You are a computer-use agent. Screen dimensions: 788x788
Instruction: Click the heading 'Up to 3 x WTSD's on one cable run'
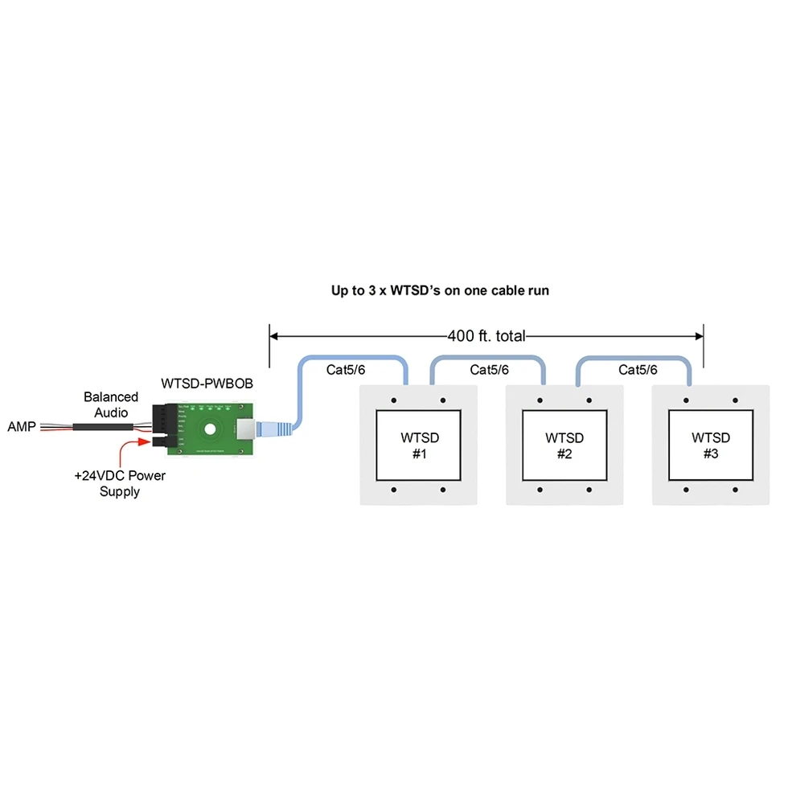[440, 290]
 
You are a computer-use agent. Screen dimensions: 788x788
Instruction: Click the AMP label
[21, 426]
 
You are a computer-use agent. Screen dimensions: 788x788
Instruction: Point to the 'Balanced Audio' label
[111, 404]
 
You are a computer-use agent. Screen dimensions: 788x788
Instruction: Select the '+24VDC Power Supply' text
[119, 483]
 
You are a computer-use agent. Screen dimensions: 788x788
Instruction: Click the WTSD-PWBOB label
[207, 384]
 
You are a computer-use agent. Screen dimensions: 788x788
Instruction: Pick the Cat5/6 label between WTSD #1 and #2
[490, 370]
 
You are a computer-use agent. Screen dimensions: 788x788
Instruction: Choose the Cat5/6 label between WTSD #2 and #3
[638, 370]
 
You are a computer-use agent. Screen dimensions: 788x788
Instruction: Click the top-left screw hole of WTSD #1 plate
[394, 400]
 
